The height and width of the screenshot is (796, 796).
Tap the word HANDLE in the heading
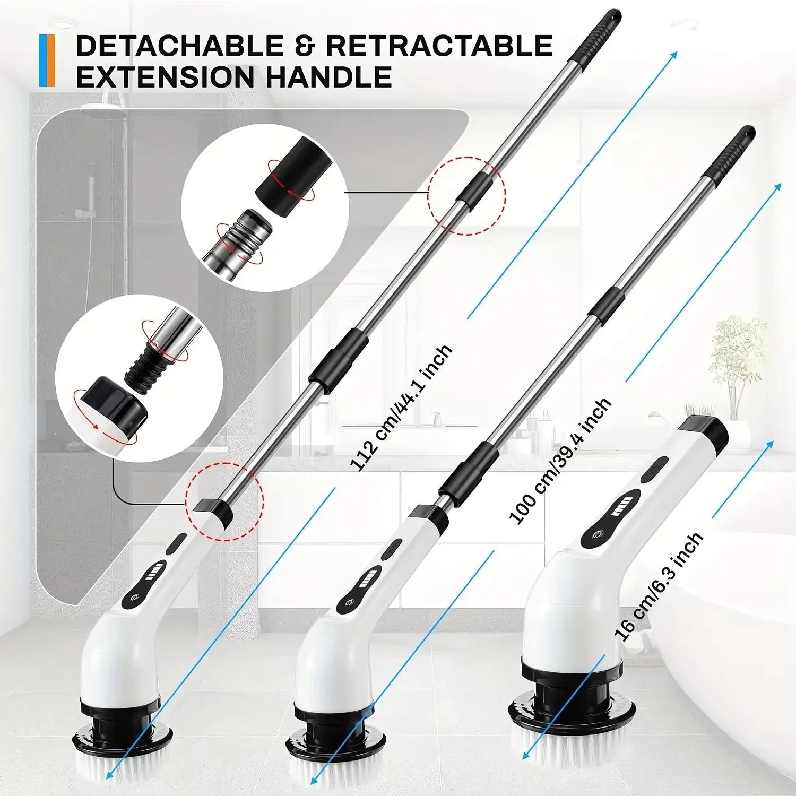pyautogui.click(x=328, y=77)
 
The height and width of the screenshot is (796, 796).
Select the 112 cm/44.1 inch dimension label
pyautogui.click(x=401, y=408)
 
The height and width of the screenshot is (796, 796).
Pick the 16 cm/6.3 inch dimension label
pyautogui.click(x=658, y=586)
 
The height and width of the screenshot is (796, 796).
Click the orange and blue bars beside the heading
pyautogui.click(x=47, y=60)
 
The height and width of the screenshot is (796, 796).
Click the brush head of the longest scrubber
pyautogui.click(x=122, y=754)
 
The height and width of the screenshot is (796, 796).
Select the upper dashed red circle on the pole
pyautogui.click(x=467, y=195)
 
